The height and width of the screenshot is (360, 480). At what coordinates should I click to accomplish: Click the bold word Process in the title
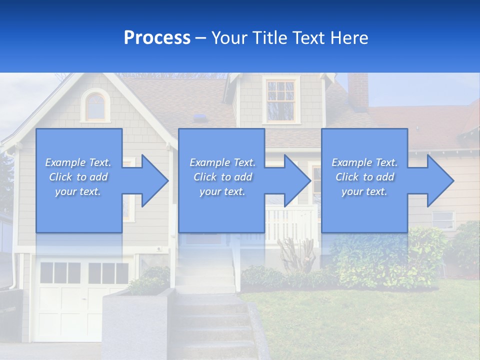pos(157,38)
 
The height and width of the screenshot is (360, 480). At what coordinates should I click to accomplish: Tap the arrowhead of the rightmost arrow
pos(439,180)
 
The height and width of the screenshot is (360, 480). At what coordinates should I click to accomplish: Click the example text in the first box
pos(78,177)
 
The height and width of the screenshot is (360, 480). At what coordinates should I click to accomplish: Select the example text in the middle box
pos(222,177)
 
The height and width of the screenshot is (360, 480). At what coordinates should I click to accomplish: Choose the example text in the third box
pos(364,177)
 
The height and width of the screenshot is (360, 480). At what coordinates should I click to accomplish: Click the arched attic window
pos(96,106)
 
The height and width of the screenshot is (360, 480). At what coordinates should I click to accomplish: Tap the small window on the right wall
pos(443,219)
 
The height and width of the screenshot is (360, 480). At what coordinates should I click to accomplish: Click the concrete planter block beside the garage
pos(137,325)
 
